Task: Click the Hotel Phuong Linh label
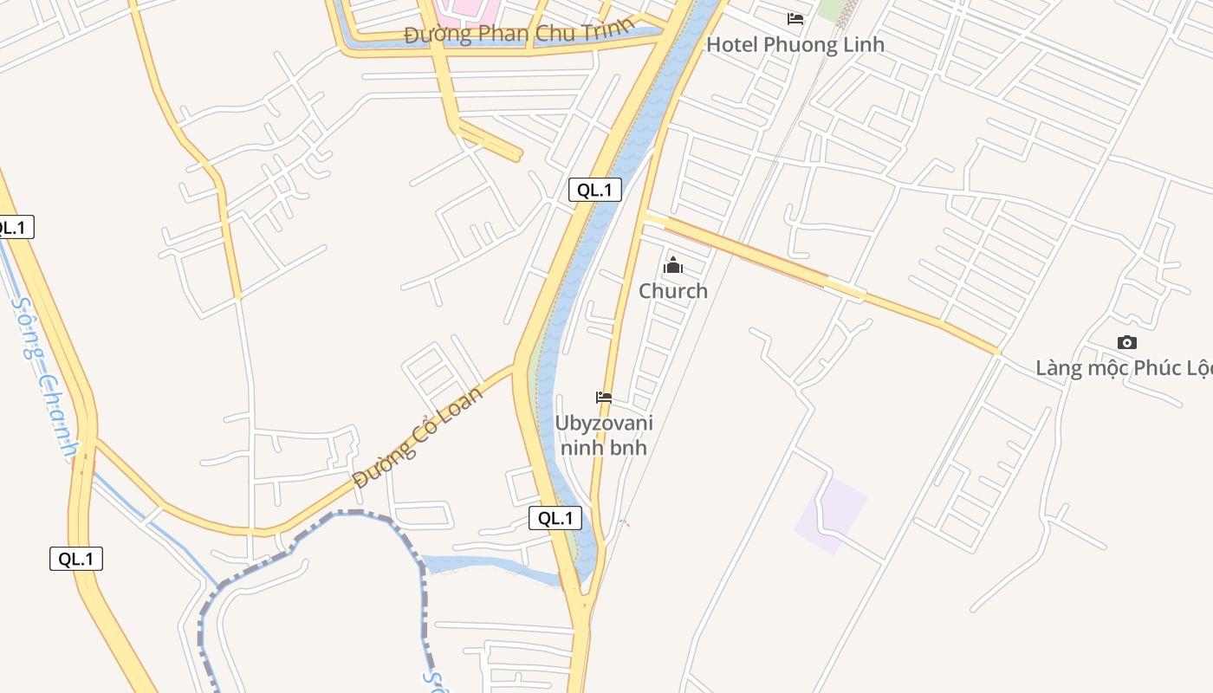point(795,44)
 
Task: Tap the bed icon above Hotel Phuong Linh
point(795,18)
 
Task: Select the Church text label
point(673,291)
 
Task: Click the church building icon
point(673,265)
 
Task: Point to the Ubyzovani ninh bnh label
point(604,436)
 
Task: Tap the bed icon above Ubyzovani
point(604,398)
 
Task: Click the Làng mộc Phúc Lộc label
point(1124,368)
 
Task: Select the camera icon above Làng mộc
point(1126,342)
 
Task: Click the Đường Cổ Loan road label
point(418,437)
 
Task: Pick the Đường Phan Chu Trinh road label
point(518,35)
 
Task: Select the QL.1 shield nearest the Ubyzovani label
point(555,518)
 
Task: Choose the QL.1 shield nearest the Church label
point(595,191)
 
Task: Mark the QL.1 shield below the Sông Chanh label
point(76,559)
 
